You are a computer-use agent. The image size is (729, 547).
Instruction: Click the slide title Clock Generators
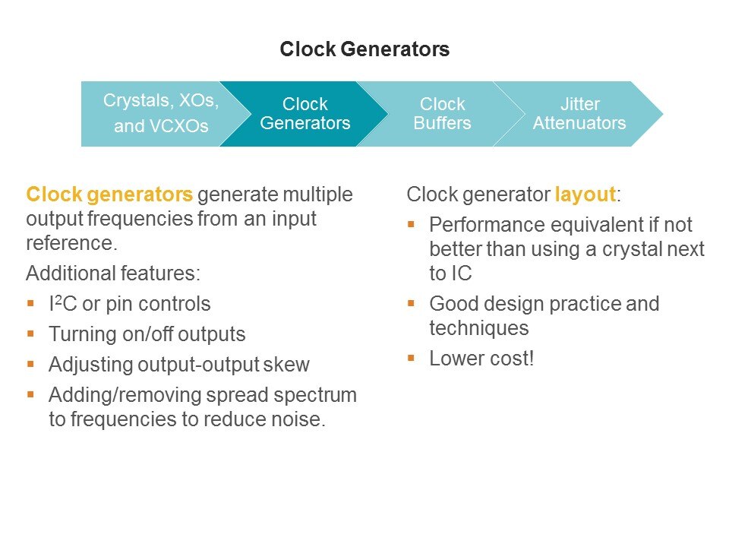pos(364,49)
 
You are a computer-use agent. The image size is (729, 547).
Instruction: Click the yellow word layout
pos(585,194)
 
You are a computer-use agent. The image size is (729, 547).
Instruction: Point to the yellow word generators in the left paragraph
pos(140,194)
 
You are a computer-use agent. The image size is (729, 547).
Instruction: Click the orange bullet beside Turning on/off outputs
pos(30,334)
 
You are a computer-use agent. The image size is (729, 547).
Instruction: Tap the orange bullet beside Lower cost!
pos(411,358)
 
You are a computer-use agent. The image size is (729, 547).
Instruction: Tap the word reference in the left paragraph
pos(71,243)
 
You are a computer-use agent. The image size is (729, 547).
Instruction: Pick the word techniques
pos(479,328)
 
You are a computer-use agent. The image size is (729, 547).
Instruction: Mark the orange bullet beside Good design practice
pos(411,304)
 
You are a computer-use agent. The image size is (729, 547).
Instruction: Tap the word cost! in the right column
pos(513,358)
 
